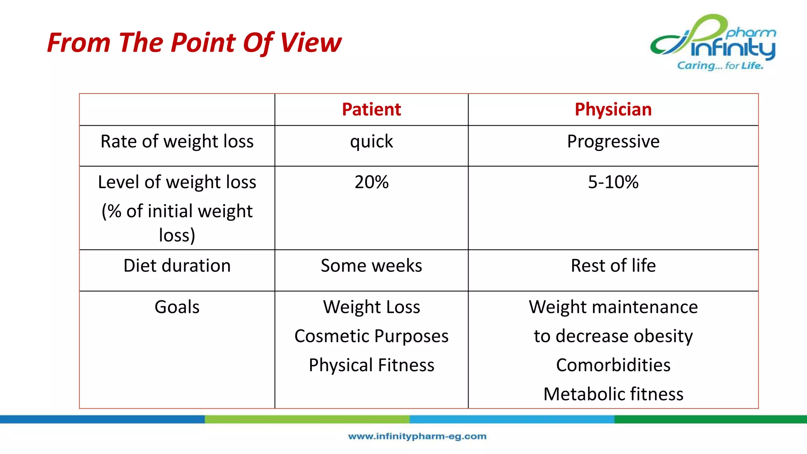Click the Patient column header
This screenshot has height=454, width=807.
coord(371,110)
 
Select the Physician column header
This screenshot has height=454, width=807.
coord(613,110)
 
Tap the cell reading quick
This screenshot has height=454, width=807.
coord(371,141)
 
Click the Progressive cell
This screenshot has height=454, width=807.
coord(613,141)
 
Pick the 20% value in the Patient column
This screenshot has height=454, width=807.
coord(371,182)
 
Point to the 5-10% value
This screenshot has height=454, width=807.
coord(613,182)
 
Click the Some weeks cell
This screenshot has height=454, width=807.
coord(371,266)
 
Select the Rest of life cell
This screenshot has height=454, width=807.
coord(613,266)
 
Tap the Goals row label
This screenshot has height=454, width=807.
coord(177,307)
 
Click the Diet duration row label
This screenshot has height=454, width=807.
coord(177,266)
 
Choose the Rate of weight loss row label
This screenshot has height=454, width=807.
coord(177,141)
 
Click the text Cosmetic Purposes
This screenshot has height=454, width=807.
coord(371,336)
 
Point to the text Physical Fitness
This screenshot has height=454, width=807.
coord(371,365)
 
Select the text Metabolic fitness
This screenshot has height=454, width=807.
coord(613,394)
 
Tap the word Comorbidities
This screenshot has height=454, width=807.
coord(613,365)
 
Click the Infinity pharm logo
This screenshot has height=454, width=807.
coord(713,39)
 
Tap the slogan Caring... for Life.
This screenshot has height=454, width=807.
coord(720,66)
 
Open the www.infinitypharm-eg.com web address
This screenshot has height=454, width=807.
coord(417,436)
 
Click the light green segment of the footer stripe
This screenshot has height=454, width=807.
coord(307,419)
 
